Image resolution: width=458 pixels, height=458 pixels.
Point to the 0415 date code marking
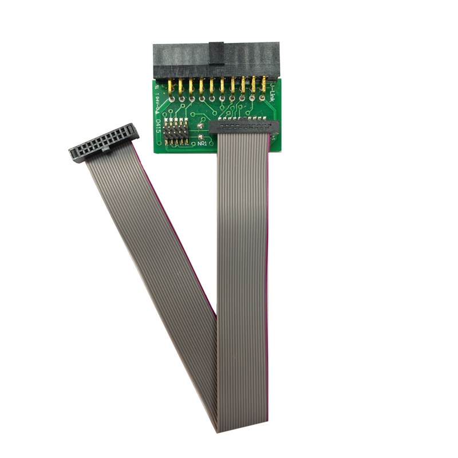(x=158, y=125)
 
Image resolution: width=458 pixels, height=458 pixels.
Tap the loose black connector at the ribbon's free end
(x=104, y=143)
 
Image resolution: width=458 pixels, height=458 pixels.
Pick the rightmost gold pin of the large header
(x=264, y=87)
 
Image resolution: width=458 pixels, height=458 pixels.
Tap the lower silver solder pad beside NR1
(x=200, y=137)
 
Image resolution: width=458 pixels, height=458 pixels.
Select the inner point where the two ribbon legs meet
(x=216, y=315)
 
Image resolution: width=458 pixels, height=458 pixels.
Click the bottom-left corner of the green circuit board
(x=155, y=152)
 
